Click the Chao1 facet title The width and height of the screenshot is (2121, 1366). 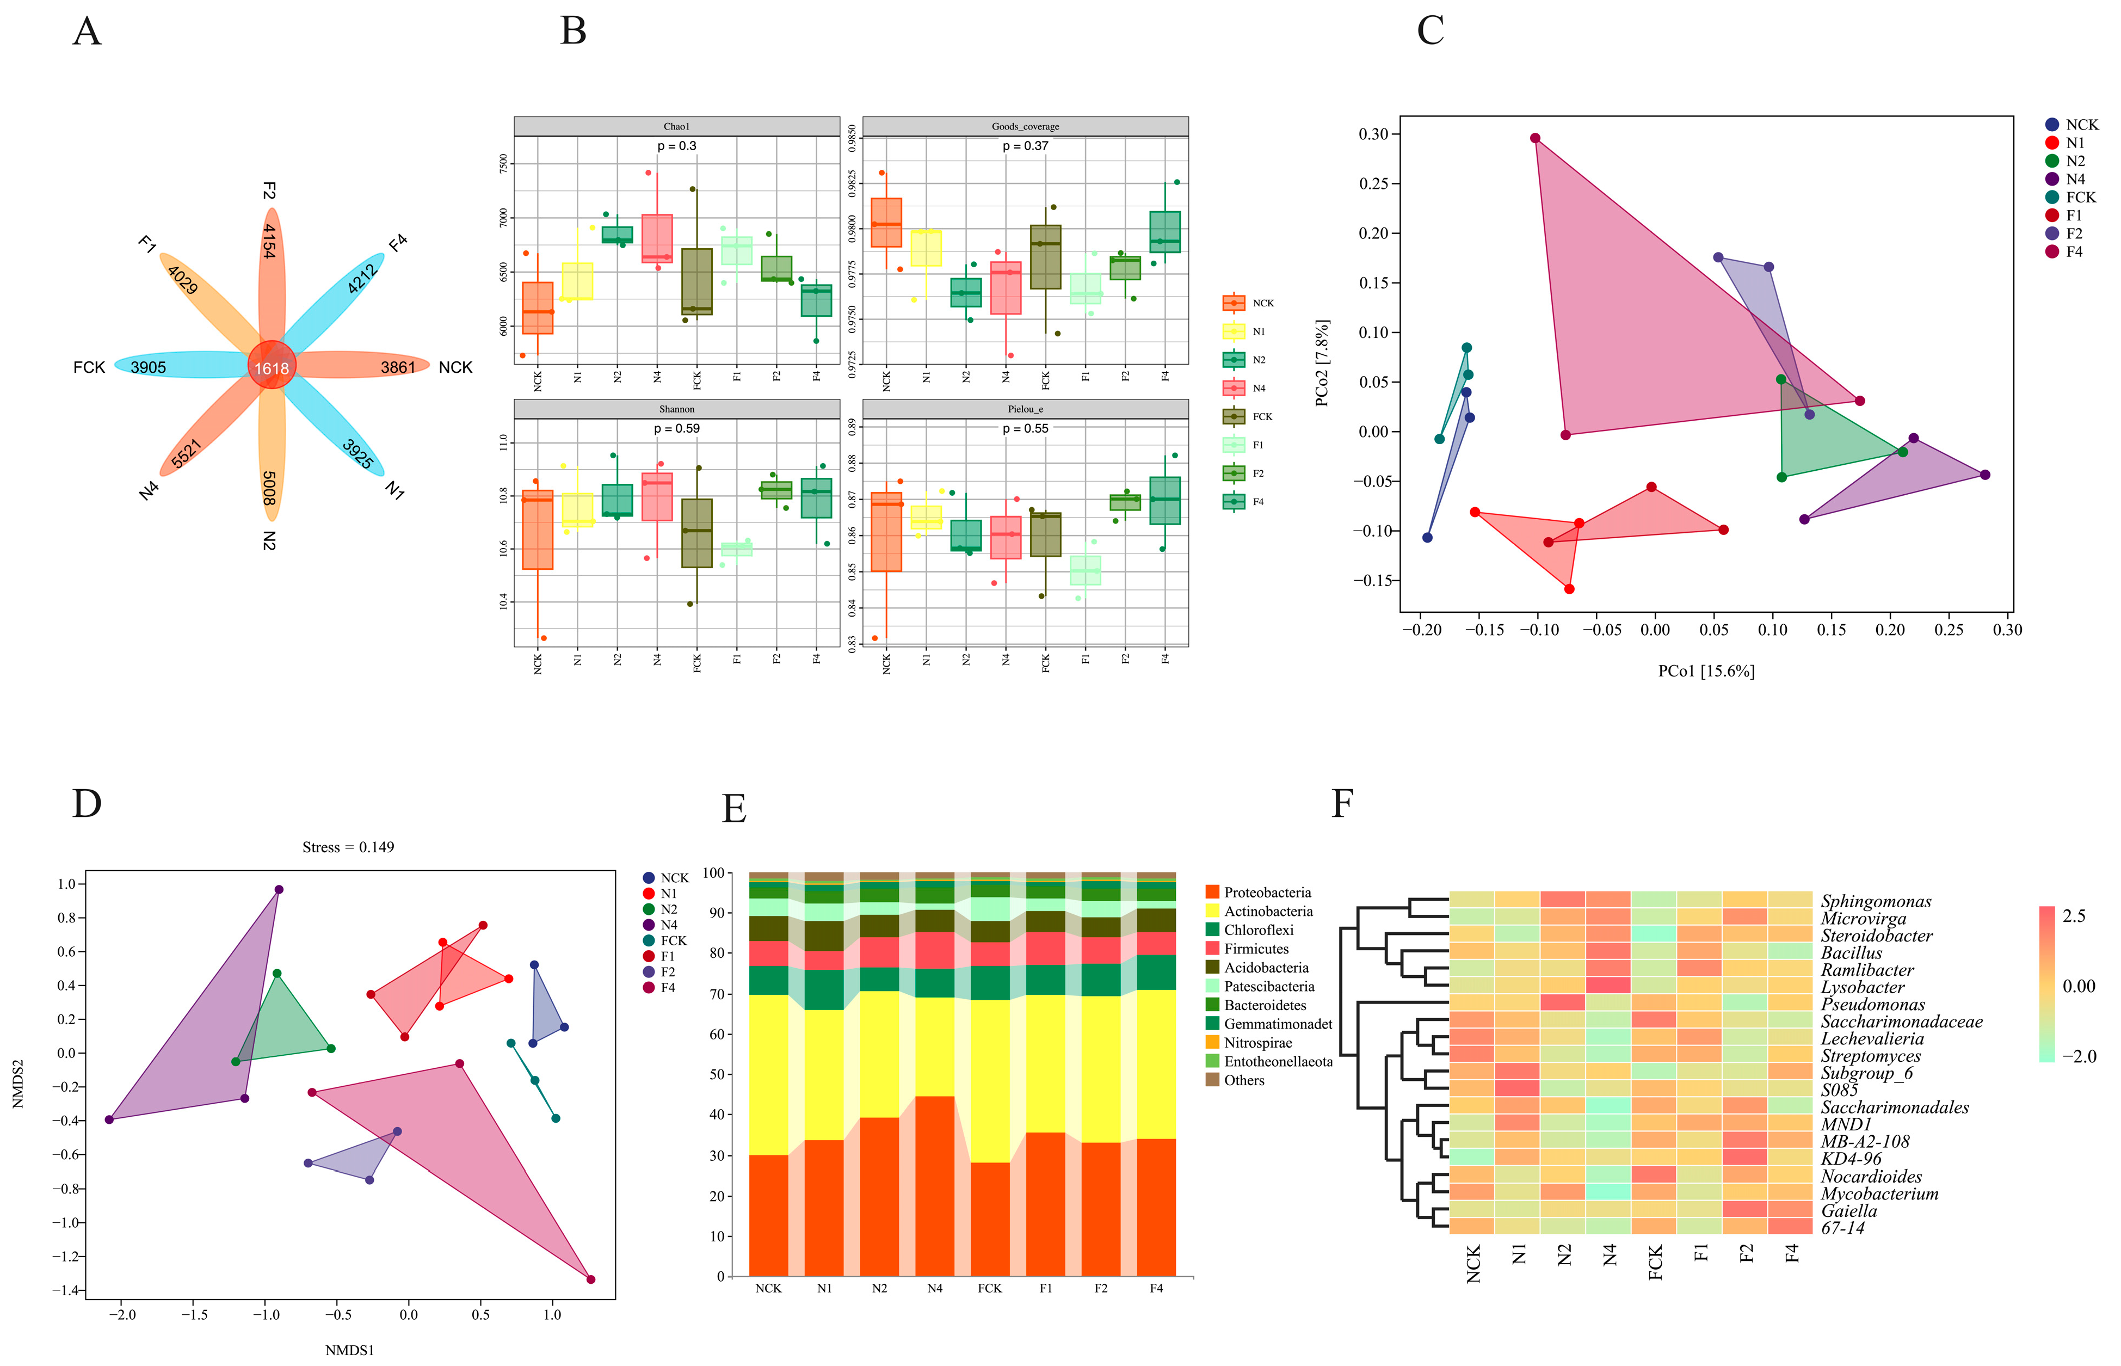676,126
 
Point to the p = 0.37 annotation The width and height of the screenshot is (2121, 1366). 1025,145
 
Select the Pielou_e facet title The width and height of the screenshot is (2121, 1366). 1025,409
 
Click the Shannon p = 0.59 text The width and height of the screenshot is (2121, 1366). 676,428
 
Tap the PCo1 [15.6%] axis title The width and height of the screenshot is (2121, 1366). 1706,670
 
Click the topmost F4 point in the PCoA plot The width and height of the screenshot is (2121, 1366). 1535,138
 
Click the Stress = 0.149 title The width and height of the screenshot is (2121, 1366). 348,847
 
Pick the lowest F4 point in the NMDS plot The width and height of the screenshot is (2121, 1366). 590,1279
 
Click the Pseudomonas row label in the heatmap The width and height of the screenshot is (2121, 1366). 1873,1004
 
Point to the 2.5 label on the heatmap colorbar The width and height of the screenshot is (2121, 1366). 2074,915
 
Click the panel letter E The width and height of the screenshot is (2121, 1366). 733,808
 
